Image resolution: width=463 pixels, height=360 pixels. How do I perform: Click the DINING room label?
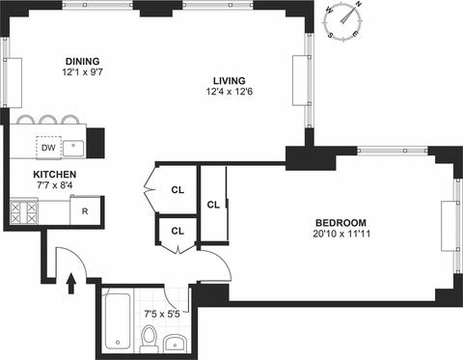tap(83, 61)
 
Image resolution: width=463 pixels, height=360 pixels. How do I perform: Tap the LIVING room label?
tap(230, 80)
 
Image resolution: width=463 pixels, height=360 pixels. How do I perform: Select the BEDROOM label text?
tap(340, 223)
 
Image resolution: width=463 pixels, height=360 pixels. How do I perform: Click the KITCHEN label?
tap(55, 175)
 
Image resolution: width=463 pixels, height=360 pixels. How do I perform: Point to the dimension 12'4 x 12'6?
tap(230, 92)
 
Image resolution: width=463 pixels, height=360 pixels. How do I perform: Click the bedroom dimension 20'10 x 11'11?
tap(341, 234)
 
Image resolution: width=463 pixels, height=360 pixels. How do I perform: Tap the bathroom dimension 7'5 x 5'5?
tap(162, 314)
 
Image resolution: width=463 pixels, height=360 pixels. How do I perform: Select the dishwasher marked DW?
tap(48, 148)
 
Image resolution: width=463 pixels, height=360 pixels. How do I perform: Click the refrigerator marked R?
tap(85, 210)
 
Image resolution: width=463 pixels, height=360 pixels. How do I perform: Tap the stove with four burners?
tap(24, 212)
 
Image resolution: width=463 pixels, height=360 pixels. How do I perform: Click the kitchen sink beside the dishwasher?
tap(73, 148)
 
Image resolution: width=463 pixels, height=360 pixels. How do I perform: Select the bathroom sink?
tap(176, 344)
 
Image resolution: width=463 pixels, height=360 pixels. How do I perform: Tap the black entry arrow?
tap(71, 284)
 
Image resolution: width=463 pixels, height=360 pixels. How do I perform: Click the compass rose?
tap(343, 21)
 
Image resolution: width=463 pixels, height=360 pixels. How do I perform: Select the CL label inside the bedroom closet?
tap(213, 205)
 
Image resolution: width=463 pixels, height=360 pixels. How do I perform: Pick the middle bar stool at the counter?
tap(48, 120)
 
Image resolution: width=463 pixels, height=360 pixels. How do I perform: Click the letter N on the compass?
tap(359, 4)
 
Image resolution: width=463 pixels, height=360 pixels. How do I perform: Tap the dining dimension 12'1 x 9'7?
tap(83, 72)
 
